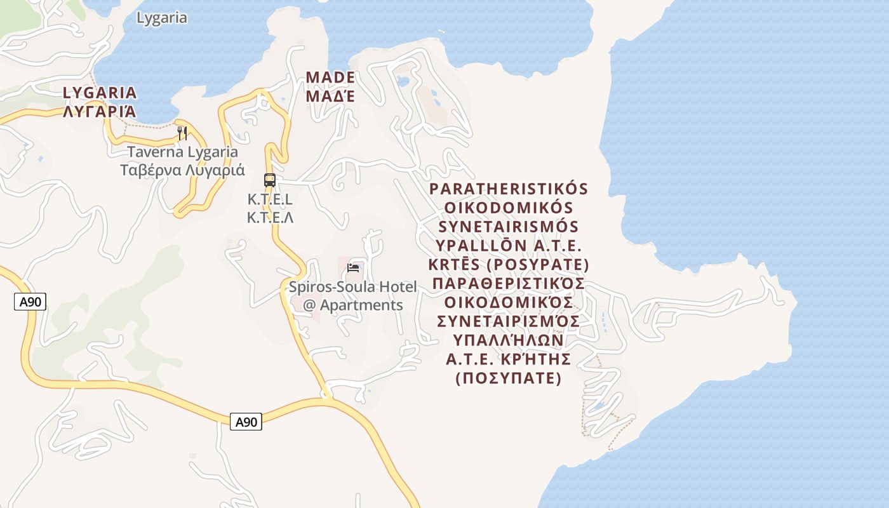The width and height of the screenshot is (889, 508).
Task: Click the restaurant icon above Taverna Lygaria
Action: pyautogui.click(x=182, y=133)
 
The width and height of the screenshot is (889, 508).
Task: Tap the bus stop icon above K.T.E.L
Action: pyautogui.click(x=270, y=180)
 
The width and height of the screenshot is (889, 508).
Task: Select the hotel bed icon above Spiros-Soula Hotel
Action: pyautogui.click(x=354, y=268)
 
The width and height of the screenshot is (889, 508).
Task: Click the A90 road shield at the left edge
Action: pyautogui.click(x=30, y=302)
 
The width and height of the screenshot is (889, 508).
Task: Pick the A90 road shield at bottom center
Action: pyautogui.click(x=246, y=422)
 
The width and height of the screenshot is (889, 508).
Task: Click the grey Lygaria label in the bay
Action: pyautogui.click(x=162, y=18)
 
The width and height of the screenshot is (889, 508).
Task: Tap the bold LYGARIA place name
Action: pyautogui.click(x=100, y=93)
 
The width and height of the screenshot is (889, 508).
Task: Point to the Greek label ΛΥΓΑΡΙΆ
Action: pyautogui.click(x=100, y=112)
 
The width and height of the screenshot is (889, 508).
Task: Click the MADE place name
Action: pyautogui.click(x=330, y=77)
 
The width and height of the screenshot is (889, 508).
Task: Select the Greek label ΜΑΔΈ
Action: pyautogui.click(x=330, y=96)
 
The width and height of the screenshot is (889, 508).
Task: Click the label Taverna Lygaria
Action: pyautogui.click(x=182, y=152)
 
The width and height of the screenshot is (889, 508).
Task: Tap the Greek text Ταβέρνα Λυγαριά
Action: pyautogui.click(x=182, y=170)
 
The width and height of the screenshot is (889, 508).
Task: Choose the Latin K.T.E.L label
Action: pyautogui.click(x=270, y=199)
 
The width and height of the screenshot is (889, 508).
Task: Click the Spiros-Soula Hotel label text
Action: pyautogui.click(x=353, y=287)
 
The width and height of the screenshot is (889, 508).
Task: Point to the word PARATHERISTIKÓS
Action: pyautogui.click(x=509, y=189)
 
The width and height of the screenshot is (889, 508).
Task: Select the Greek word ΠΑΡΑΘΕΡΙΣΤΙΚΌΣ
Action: pyautogui.click(x=509, y=283)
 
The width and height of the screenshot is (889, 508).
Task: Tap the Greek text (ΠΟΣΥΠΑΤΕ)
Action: pyautogui.click(x=509, y=378)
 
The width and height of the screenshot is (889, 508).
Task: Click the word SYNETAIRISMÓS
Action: pyautogui.click(x=509, y=227)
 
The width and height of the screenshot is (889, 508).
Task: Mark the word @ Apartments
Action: pyautogui.click(x=353, y=305)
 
